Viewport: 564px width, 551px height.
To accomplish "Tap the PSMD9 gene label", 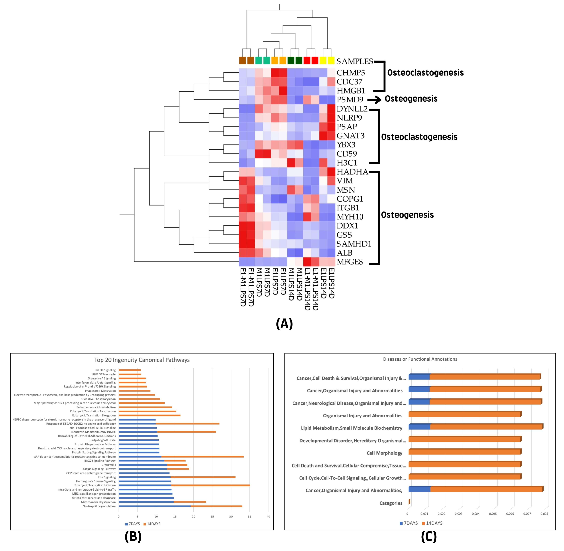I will (350, 100).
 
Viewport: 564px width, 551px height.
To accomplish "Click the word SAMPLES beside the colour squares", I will (355, 61).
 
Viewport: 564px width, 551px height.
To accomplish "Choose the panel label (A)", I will (284, 324).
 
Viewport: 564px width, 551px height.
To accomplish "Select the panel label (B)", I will (133, 537).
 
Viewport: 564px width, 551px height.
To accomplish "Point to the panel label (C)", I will (429, 537).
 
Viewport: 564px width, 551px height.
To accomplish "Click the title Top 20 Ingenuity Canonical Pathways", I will (142, 360).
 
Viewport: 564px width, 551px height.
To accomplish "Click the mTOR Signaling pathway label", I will (105, 370).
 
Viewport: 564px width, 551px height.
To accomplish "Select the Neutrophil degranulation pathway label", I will (99, 506).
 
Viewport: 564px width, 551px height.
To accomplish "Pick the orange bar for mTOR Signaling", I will (130, 370).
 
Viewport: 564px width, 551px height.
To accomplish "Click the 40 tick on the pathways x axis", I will (268, 517).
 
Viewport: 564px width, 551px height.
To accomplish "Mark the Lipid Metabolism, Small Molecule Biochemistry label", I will (351, 428).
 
